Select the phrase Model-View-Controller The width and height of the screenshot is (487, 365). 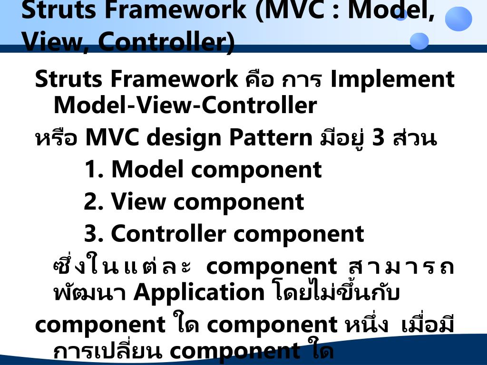(185, 106)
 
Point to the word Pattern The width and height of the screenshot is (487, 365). (271, 138)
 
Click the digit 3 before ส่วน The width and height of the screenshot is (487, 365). (379, 138)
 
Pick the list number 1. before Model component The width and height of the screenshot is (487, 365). (94, 170)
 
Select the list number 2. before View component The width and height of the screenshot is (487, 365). (94, 202)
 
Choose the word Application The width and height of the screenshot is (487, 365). (199, 292)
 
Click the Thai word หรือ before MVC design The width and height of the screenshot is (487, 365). (56, 139)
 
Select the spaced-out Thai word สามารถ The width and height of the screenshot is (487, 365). (398, 267)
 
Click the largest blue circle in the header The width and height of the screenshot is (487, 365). (458, 19)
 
